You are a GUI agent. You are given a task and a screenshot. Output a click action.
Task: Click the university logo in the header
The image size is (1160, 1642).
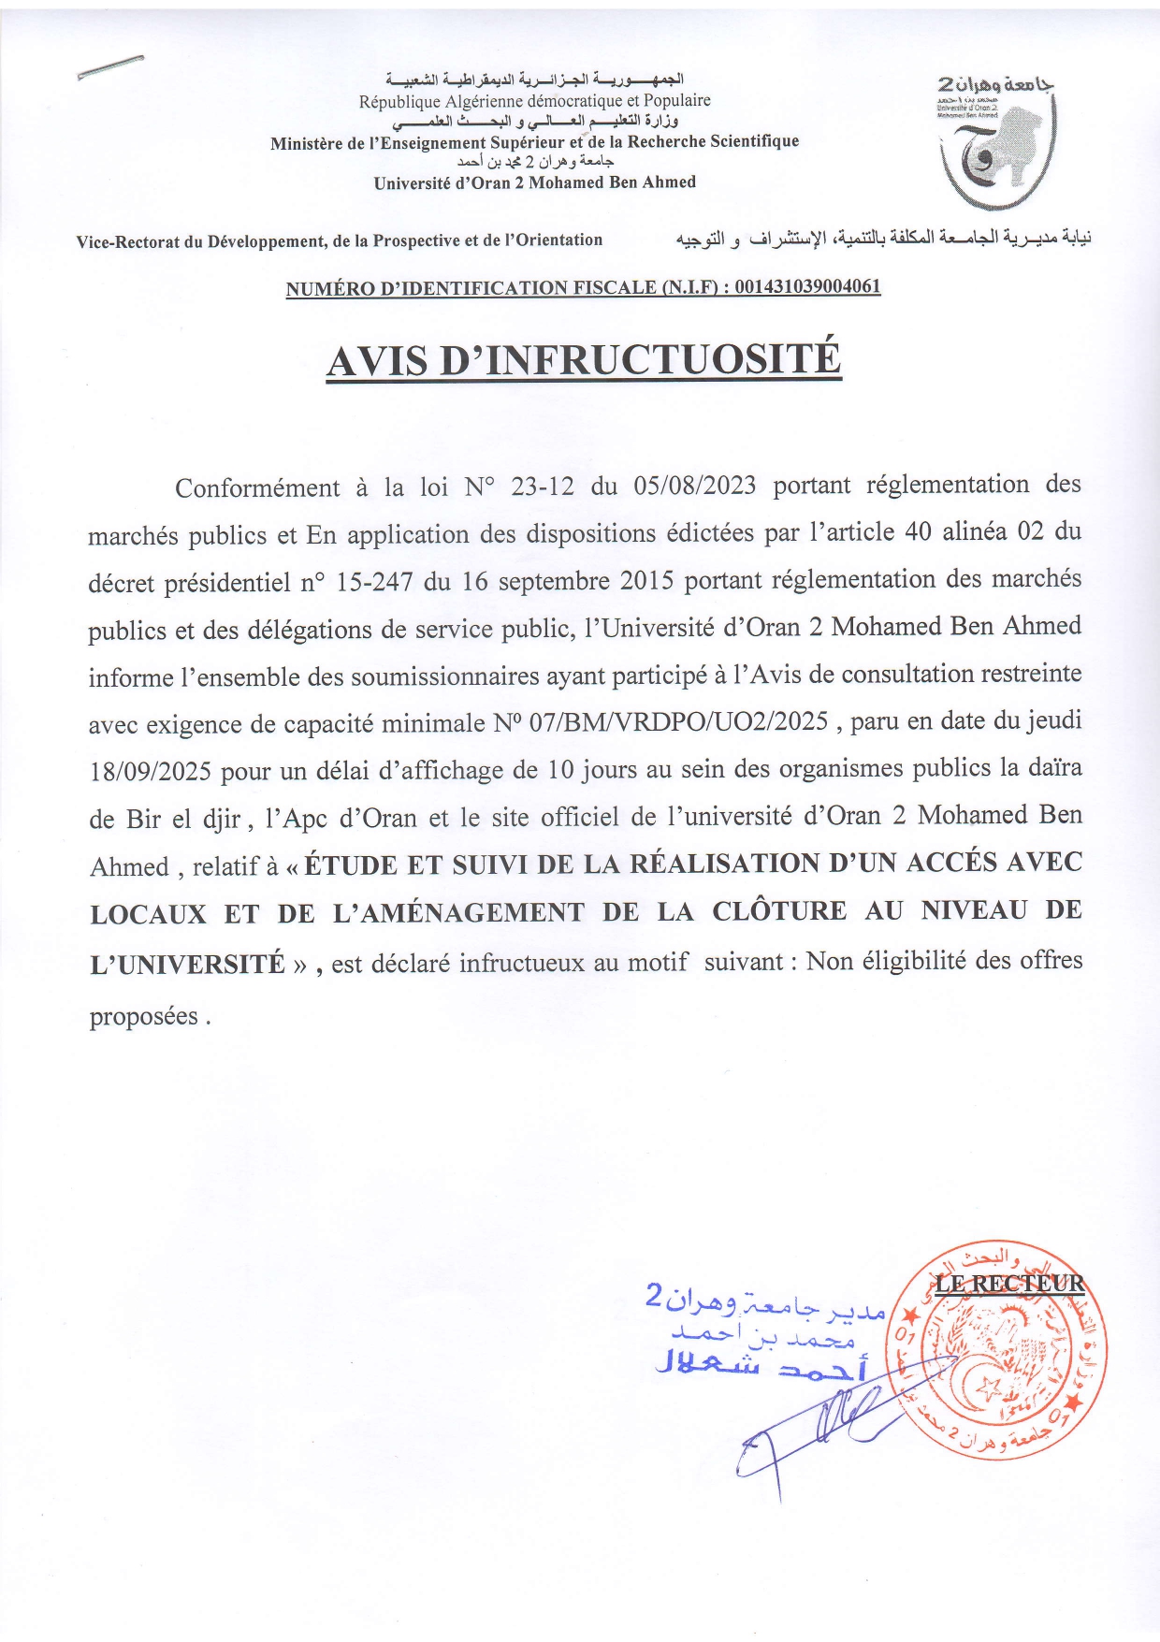(x=997, y=140)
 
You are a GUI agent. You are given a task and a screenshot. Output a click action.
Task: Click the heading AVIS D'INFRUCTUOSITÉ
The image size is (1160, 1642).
(x=584, y=361)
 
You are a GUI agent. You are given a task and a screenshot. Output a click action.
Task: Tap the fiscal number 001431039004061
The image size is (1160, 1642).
(x=807, y=286)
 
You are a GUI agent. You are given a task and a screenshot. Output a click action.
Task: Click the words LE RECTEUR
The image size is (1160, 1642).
(x=1009, y=1284)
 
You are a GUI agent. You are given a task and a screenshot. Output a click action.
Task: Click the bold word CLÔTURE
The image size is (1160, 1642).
(x=779, y=911)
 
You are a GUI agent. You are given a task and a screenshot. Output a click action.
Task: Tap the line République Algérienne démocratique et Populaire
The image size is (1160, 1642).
(x=534, y=101)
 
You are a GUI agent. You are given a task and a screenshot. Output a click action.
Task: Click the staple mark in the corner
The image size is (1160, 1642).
(x=110, y=67)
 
